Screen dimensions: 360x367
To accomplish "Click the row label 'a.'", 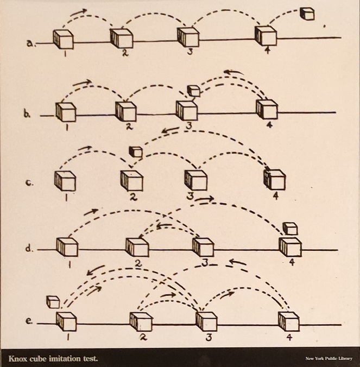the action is pos(31,44).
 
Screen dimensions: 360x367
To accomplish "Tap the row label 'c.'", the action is pos(29,183).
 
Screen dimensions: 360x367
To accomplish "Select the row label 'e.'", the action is pos(29,321).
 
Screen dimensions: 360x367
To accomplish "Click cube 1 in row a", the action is pos(63,39).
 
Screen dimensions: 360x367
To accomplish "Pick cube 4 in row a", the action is pos(266,37).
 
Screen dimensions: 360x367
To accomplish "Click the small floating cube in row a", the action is pos(307,14).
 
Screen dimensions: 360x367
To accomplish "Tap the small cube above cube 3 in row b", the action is pos(194,91).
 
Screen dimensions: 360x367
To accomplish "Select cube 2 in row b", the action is pos(126,111).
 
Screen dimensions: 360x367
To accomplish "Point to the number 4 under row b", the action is pos(269,125).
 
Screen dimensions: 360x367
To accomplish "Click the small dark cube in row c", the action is pos(136,151).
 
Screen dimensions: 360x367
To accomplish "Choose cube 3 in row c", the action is pos(196,180).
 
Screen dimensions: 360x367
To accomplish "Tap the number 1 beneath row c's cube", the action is pos(66,198).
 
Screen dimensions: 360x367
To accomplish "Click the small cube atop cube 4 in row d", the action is pos(290,229).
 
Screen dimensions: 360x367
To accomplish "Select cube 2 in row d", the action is pos(137,247).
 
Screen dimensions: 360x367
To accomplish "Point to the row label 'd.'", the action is pos(29,248).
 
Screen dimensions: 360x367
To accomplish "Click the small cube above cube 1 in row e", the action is pos(53,302).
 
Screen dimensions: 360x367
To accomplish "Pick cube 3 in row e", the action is pos(206,321).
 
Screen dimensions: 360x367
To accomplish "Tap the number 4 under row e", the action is pos(289,338).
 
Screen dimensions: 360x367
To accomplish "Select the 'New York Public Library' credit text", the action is pos(329,358).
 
